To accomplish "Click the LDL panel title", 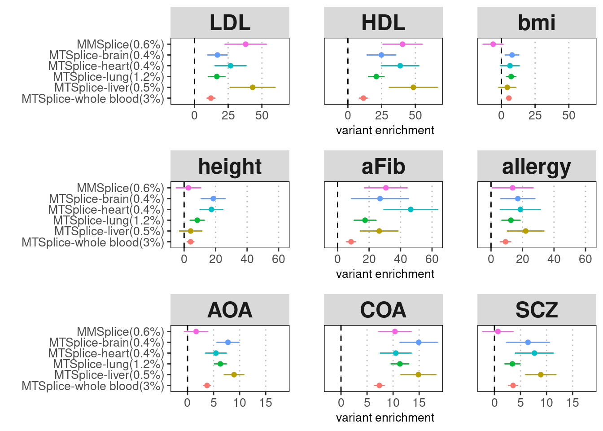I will (x=230, y=22).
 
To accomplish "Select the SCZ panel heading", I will (x=537, y=310).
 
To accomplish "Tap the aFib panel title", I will (x=383, y=166).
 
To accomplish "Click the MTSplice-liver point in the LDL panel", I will (x=253, y=87).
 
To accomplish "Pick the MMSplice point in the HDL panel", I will (x=402, y=44).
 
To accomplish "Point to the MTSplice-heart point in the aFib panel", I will (x=411, y=209).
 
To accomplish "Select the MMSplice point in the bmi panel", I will (x=493, y=44).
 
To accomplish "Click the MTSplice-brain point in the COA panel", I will (x=419, y=342).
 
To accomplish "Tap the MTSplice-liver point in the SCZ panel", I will (x=541, y=374).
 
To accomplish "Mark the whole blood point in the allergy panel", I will (x=506, y=242).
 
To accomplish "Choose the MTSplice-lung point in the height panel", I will (x=197, y=220).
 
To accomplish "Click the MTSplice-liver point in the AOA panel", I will (x=234, y=374).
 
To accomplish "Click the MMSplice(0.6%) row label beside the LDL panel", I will (x=120, y=44).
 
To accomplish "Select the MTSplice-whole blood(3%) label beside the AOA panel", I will (x=93, y=386).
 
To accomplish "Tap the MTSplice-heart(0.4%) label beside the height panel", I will (x=106, y=210).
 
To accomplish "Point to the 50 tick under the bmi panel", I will (x=568, y=115).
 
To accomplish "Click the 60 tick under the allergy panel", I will (x=585, y=259).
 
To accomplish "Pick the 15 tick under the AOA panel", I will (x=266, y=403).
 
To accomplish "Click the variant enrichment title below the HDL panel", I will (x=385, y=130).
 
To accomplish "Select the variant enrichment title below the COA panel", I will (x=385, y=418).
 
